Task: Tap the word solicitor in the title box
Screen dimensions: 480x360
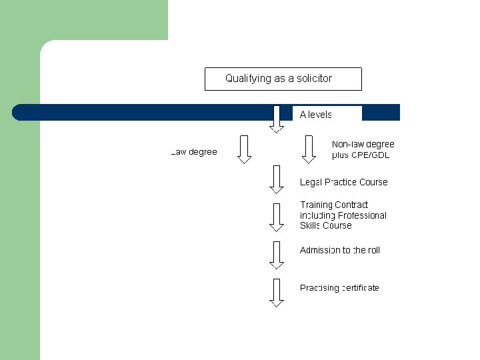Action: (312, 79)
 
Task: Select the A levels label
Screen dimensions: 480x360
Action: (316, 115)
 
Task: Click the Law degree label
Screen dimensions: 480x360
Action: (194, 152)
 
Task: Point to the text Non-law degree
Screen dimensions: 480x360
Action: (363, 144)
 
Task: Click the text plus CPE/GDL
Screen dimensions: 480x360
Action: (361, 155)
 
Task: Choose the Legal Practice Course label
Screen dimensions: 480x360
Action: (343, 183)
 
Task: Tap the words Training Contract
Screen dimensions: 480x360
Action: (334, 205)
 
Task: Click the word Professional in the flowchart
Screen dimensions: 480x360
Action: (362, 215)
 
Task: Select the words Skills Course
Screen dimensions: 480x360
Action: (325, 226)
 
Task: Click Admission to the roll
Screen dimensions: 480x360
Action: (340, 251)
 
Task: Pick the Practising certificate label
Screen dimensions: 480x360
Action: (339, 288)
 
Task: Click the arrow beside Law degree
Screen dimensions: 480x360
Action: (245, 149)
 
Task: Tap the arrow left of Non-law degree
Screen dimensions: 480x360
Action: (309, 149)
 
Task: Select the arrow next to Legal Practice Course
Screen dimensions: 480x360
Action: (277, 179)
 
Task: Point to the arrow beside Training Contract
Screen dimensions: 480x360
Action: (277, 216)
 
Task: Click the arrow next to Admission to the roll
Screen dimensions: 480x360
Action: (277, 254)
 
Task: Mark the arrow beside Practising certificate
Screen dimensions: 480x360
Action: (277, 292)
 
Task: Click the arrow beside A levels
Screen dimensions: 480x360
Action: (277, 119)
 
